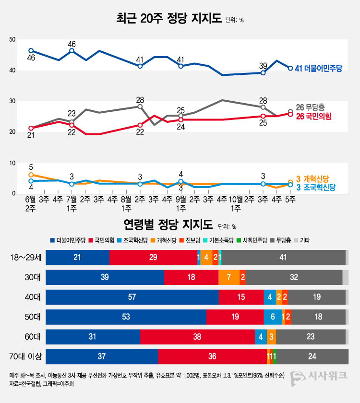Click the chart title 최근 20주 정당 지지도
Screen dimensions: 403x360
tap(169, 19)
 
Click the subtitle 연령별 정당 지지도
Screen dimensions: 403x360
tap(168, 225)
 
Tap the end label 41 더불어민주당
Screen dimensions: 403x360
tap(318, 69)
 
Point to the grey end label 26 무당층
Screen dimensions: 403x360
tap(314, 107)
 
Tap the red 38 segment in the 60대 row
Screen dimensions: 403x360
tap(197, 337)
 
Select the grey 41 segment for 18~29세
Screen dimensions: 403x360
tap(283, 258)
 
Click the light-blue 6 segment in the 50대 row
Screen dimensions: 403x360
tap(273, 317)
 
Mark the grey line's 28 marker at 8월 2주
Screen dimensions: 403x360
tap(140, 107)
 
